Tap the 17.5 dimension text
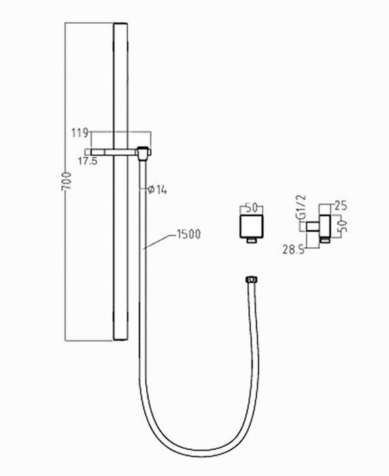click(86, 161)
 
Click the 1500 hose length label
click(187, 235)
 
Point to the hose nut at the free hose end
click(250, 279)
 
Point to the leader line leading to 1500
click(160, 241)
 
